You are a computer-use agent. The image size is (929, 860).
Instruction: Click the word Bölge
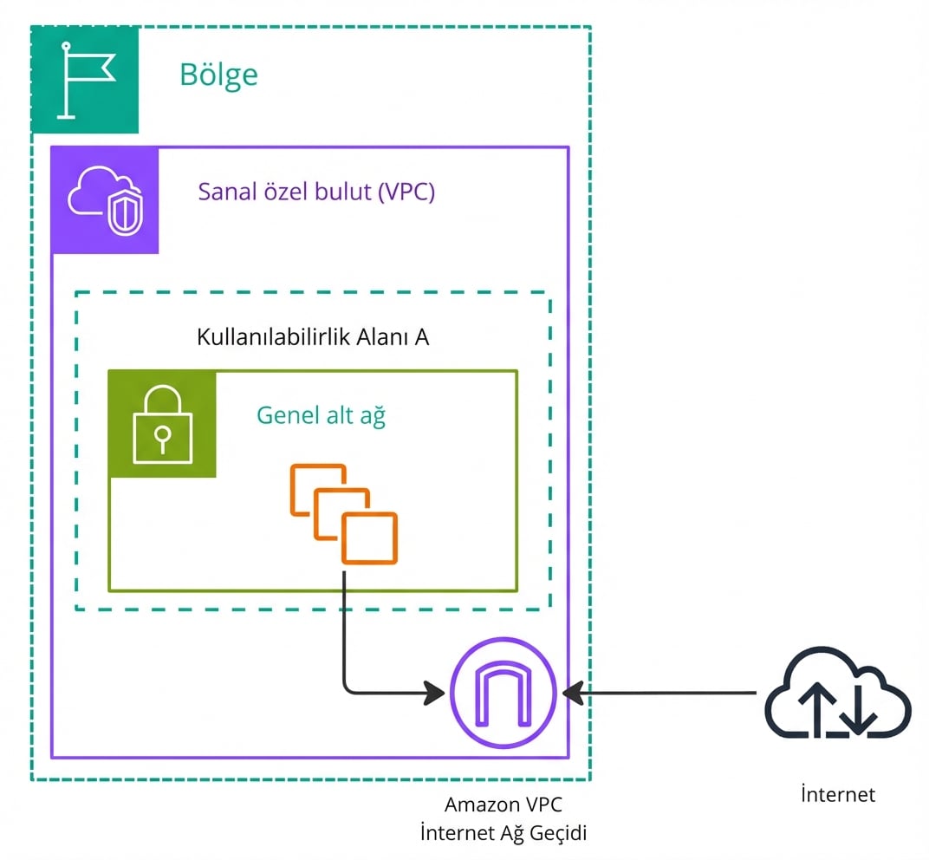click(218, 75)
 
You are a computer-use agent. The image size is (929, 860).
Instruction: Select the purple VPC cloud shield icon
click(105, 200)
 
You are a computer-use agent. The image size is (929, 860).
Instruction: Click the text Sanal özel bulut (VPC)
click(316, 191)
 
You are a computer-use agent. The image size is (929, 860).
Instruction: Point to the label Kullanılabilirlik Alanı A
click(313, 336)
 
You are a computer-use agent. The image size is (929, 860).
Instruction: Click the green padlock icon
click(162, 425)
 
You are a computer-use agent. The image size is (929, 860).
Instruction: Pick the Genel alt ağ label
click(321, 415)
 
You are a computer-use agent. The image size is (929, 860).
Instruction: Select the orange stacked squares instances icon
click(344, 514)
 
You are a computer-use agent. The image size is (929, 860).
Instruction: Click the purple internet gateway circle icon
click(503, 692)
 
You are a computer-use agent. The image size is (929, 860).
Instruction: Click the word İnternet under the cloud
click(837, 793)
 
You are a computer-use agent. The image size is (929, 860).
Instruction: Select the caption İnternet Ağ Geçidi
click(503, 834)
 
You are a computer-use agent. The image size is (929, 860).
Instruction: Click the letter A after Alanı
click(421, 336)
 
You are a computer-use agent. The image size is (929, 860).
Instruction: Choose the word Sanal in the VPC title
click(224, 191)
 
